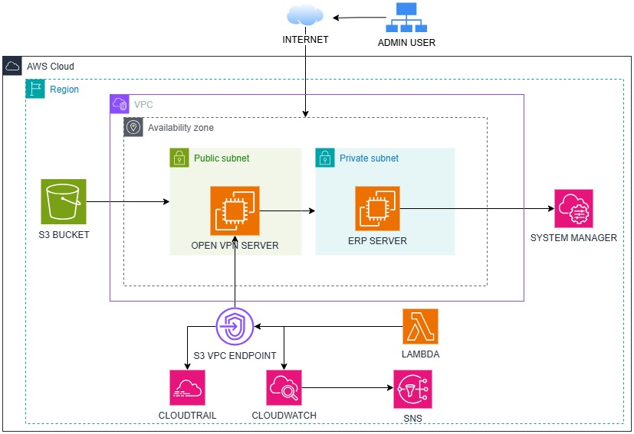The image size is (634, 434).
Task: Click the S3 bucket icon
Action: pos(64,202)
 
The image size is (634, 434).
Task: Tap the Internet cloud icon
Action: pos(305,15)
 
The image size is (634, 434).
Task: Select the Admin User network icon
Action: pos(406,18)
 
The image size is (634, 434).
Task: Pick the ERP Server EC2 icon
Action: pos(377,208)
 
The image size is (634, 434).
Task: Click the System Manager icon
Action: pos(573,208)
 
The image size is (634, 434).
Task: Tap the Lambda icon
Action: pos(420,327)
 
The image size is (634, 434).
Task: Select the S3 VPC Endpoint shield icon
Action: pos(235,327)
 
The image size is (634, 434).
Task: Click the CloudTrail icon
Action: pos(188,388)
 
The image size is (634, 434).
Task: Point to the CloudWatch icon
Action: pos(284,388)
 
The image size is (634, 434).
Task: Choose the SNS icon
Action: pos(412,390)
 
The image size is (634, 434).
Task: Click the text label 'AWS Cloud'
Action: pos(51,67)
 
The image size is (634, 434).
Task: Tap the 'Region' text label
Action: pos(64,90)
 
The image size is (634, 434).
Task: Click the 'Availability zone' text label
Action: pos(181,128)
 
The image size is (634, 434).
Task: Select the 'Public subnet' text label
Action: pos(222,158)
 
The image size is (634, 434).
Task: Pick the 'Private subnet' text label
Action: pos(369,158)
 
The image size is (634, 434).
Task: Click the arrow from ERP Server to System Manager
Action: pos(475,207)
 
